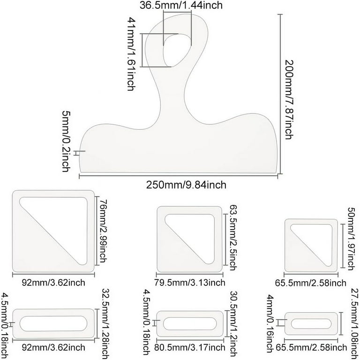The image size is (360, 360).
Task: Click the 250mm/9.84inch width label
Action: point(186,185)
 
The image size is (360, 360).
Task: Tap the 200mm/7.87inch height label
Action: point(288,99)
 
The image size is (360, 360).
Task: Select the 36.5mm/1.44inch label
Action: point(181,5)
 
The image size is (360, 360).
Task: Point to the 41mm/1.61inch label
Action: point(132,54)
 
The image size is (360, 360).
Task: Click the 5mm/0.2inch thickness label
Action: point(67,142)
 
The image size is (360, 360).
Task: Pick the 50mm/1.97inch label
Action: point(352,239)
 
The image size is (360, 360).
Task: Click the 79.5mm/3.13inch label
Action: point(190,283)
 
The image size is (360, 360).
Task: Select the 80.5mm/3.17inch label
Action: point(190,347)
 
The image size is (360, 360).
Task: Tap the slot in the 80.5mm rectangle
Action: point(190,324)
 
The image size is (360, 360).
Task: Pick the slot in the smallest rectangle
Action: point(311,324)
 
